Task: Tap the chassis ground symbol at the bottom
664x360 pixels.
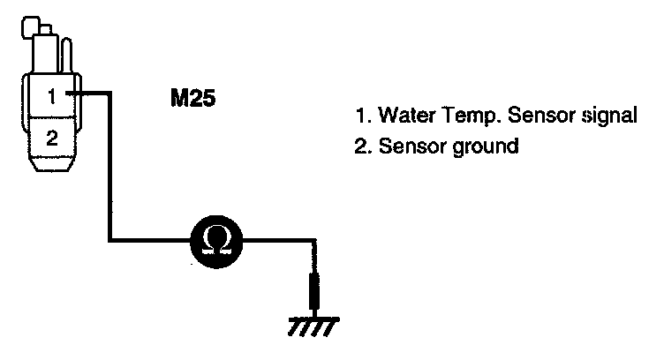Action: click(x=312, y=326)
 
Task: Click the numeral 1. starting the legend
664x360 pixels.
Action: click(x=360, y=116)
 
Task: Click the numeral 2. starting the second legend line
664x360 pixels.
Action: click(x=361, y=146)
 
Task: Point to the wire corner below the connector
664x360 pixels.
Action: click(x=108, y=238)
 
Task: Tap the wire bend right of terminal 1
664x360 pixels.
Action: click(x=108, y=92)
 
